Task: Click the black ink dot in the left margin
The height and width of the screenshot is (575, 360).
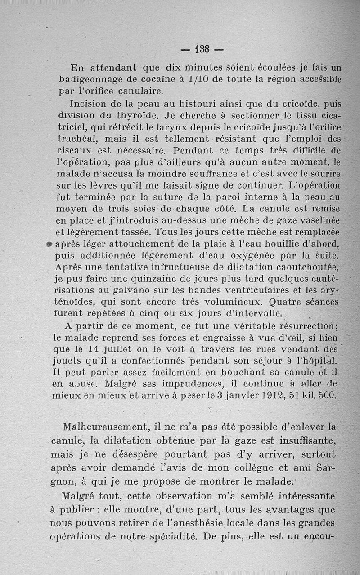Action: tap(50, 244)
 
